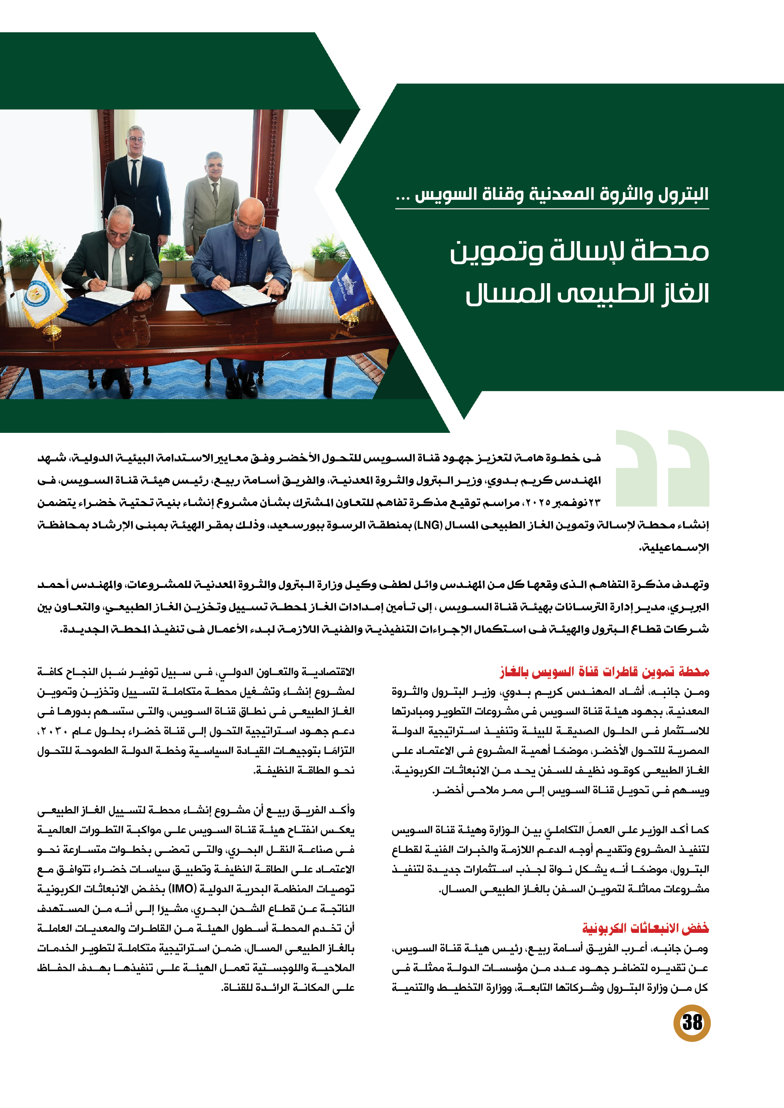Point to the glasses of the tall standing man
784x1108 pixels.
pos(137,140)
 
